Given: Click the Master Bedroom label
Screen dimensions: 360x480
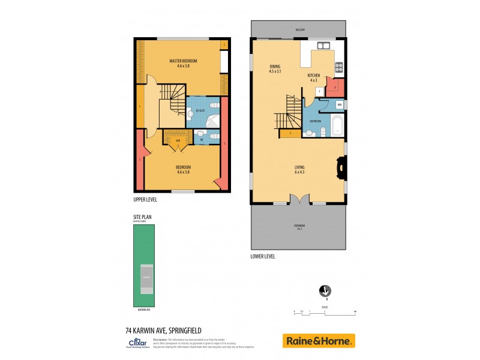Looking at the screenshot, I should (183, 64).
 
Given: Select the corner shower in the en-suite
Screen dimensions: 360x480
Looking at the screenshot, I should (211, 123).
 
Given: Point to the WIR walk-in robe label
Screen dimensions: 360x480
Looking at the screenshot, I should (178, 140).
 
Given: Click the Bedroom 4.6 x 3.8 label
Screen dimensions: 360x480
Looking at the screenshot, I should (183, 169).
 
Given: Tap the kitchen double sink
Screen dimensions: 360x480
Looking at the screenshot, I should (324, 45).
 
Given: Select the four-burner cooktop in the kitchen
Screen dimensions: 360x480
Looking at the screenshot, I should (338, 67).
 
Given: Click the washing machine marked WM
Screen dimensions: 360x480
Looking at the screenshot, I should (340, 105).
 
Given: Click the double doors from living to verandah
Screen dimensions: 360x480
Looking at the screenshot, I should (299, 199).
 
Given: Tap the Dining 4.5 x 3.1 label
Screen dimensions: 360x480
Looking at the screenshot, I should (275, 69).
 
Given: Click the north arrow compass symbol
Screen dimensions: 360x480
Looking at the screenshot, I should (325, 291).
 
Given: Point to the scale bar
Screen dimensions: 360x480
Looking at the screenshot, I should (325, 312).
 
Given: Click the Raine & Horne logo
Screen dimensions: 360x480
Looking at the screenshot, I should (319, 341).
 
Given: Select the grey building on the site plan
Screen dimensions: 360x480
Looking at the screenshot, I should (146, 278).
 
